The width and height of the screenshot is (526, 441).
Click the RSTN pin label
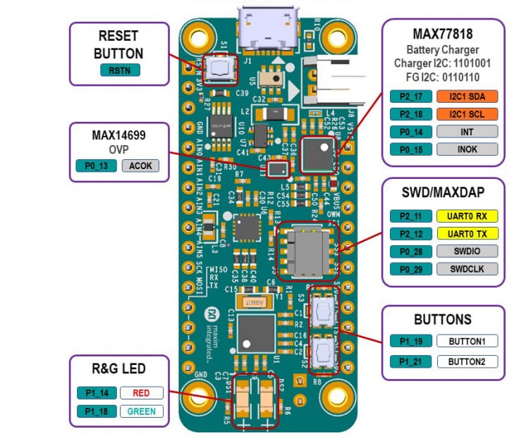[120, 70]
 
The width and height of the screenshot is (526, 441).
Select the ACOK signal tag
[140, 166]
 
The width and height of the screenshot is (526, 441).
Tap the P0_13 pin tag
[97, 166]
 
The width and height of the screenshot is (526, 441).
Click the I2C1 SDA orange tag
[467, 96]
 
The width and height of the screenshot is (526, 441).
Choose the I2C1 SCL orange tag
[467, 113]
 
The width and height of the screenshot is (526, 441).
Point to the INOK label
[467, 149]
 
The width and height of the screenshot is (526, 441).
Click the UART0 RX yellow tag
[467, 216]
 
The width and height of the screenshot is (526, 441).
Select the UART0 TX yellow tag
[467, 233]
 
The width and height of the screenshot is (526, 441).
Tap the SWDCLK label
[467, 268]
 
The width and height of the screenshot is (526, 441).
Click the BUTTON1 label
[467, 341]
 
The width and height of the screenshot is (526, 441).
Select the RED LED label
[141, 393]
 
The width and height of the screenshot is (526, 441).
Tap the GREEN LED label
[141, 411]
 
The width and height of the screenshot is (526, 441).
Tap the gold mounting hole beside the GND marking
[200, 397]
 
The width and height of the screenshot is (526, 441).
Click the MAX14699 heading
[119, 134]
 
